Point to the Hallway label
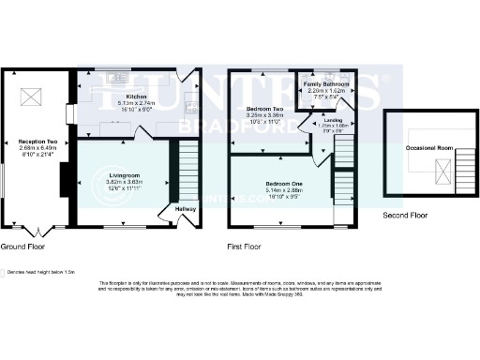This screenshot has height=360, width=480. tap(185, 209)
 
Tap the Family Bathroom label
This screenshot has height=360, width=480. tap(326, 84)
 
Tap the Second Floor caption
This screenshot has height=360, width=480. tap(405, 215)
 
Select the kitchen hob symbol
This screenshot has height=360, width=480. tap(189, 104)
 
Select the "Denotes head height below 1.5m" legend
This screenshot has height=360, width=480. tap(37, 273)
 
